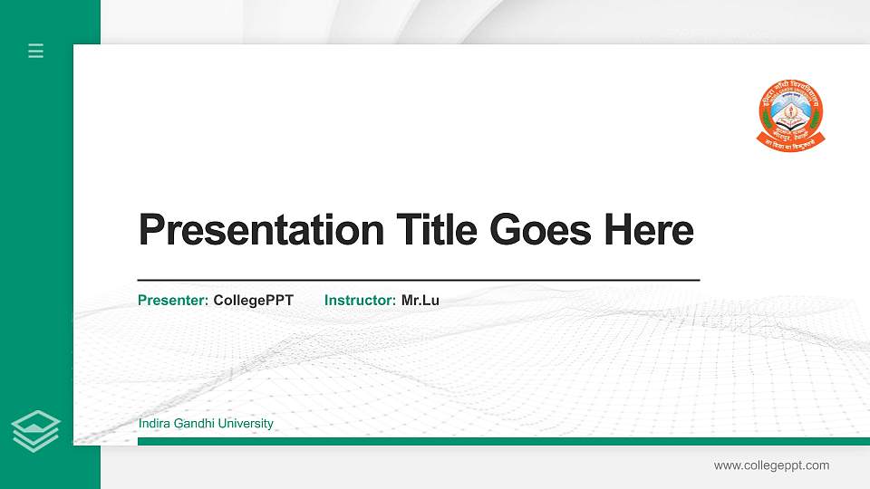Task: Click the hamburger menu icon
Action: coord(36,51)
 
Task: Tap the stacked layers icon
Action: coord(36,430)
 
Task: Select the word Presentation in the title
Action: coord(261,230)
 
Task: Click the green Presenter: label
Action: coord(173,300)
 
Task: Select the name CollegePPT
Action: coord(254,300)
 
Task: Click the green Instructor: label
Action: coord(360,300)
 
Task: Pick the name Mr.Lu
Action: coord(420,300)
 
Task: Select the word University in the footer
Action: coord(245,424)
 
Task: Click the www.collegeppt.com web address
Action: coord(771,465)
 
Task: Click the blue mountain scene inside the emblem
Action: coord(790,109)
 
